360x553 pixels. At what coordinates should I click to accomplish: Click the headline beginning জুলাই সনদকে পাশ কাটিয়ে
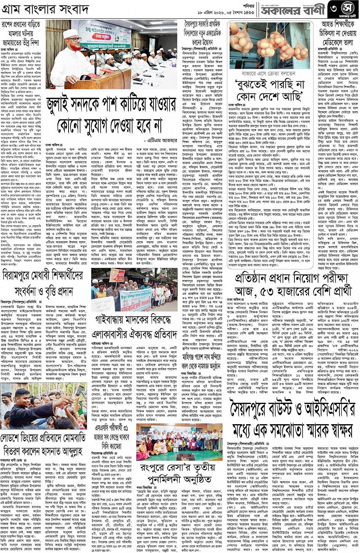click(105, 115)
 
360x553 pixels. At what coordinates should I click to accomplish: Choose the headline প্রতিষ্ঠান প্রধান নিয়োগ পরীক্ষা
click(293, 285)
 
